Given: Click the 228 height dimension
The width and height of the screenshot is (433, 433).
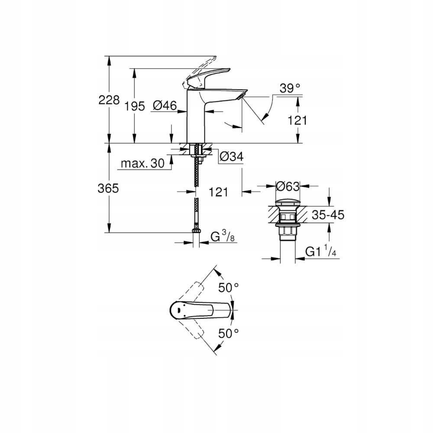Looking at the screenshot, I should coord(109,100).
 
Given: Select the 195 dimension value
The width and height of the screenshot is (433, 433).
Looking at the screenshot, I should coord(135,107).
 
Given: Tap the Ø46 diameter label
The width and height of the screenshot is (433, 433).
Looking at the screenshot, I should coord(165,105).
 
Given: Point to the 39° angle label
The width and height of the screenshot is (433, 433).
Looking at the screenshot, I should coord(290,88).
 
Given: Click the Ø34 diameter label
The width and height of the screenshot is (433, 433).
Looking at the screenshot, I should coord(231,157).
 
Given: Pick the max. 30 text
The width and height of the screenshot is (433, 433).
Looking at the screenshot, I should coord(142,163).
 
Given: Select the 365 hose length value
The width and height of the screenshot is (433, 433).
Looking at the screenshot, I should coord(109,188).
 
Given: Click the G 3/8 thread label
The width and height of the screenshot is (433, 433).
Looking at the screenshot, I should coord(222,236).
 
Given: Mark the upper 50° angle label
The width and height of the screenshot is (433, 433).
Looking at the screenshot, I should coord(228,287).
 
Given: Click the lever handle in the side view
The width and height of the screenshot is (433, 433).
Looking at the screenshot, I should coord(208,74).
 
